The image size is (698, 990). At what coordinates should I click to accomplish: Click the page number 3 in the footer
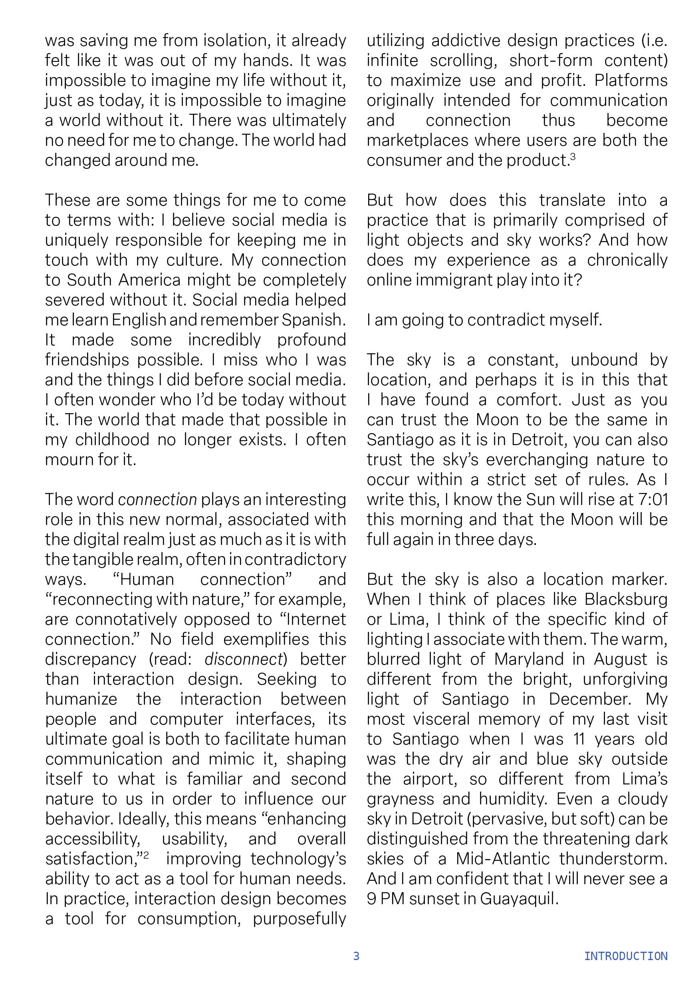(x=356, y=956)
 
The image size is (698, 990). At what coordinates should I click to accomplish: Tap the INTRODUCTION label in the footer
(x=626, y=956)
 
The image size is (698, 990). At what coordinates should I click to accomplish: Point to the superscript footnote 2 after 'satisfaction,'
(x=146, y=854)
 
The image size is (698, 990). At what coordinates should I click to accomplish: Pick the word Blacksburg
(x=626, y=599)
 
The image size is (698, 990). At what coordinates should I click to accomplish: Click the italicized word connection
(x=157, y=499)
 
